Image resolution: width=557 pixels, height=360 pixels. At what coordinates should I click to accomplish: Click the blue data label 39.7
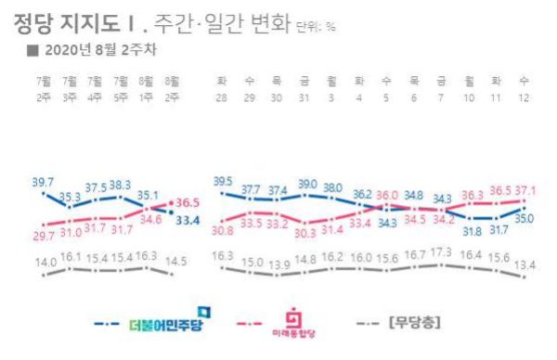43,183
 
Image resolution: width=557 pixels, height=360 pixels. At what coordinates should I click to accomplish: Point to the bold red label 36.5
189,200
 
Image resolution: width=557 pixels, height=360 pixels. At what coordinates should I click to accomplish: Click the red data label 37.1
526,188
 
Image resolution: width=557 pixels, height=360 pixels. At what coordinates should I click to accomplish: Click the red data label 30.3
305,233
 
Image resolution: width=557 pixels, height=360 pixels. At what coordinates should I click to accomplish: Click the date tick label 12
526,96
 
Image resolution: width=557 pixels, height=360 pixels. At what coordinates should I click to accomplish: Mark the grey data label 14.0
43,264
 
